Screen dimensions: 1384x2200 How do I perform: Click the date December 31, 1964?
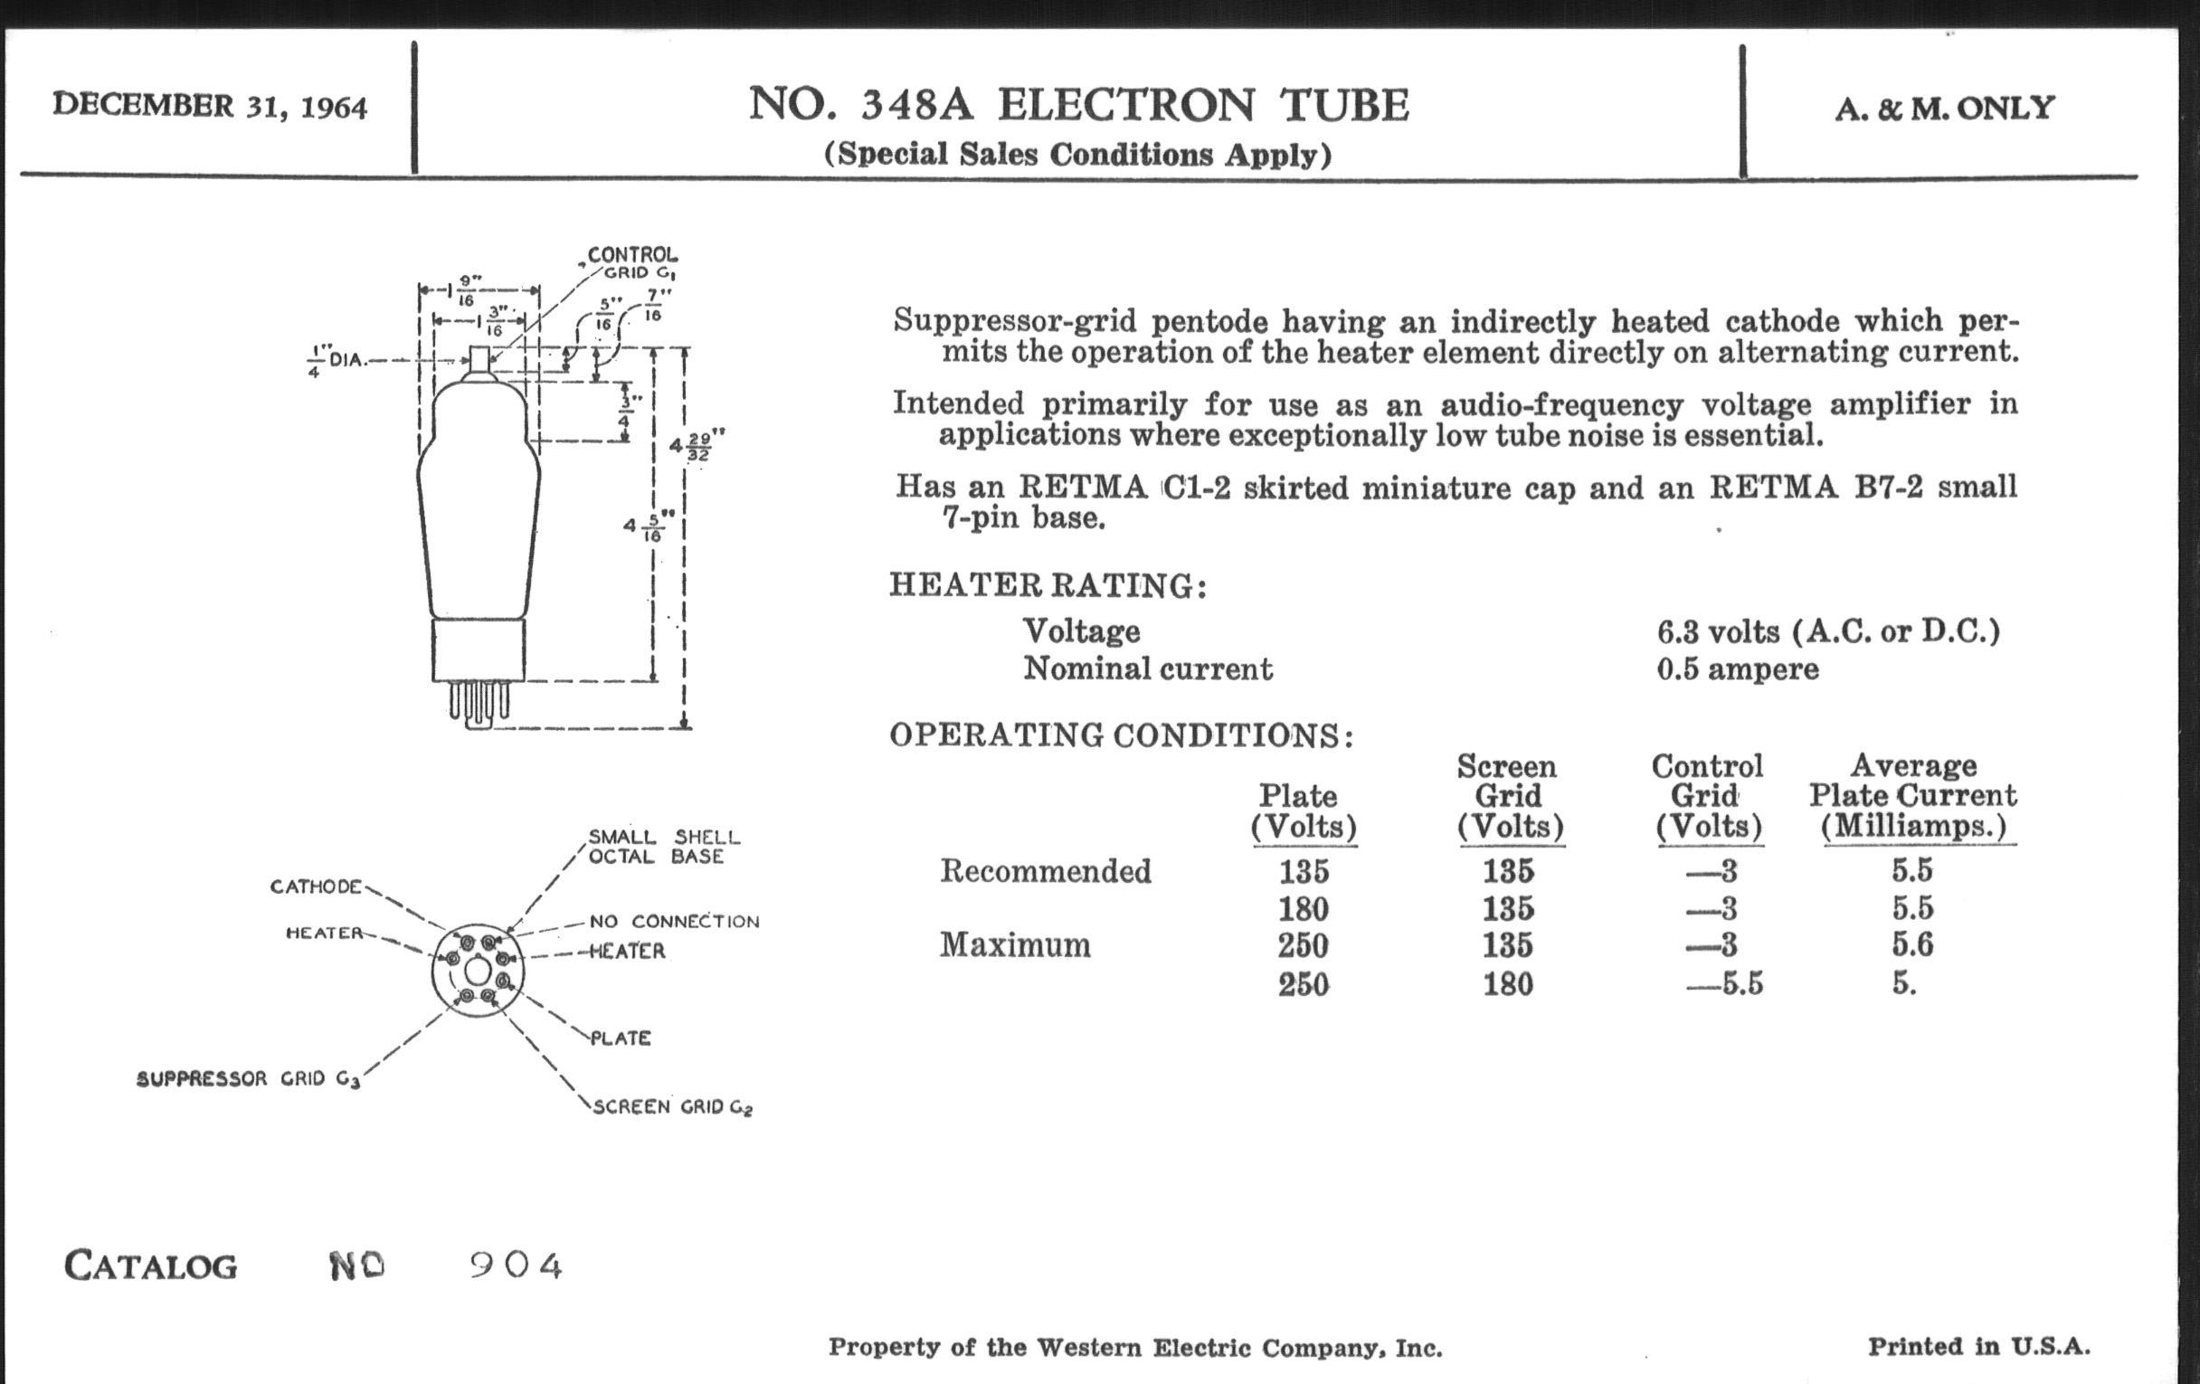209,106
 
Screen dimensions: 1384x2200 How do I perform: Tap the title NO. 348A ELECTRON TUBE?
1078,104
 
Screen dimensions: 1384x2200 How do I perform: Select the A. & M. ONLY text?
1944,108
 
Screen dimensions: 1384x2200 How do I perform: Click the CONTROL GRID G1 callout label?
632,262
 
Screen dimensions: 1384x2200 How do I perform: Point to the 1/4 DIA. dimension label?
337,360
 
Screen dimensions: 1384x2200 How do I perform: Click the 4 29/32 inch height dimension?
697,447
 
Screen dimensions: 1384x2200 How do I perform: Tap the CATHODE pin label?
316,886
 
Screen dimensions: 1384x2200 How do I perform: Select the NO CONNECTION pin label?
674,921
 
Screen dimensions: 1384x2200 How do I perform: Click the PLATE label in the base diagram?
621,1038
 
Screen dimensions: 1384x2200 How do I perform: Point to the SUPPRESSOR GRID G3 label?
248,1079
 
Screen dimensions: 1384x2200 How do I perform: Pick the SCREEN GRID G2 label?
672,1107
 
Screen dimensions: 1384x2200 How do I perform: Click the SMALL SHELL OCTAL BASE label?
663,847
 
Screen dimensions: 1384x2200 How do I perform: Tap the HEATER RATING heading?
1048,584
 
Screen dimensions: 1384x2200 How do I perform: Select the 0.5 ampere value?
1737,668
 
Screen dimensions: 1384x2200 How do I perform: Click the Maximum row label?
1015,944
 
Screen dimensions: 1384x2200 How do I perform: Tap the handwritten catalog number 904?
517,1266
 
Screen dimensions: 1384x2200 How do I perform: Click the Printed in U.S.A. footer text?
1978,1347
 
